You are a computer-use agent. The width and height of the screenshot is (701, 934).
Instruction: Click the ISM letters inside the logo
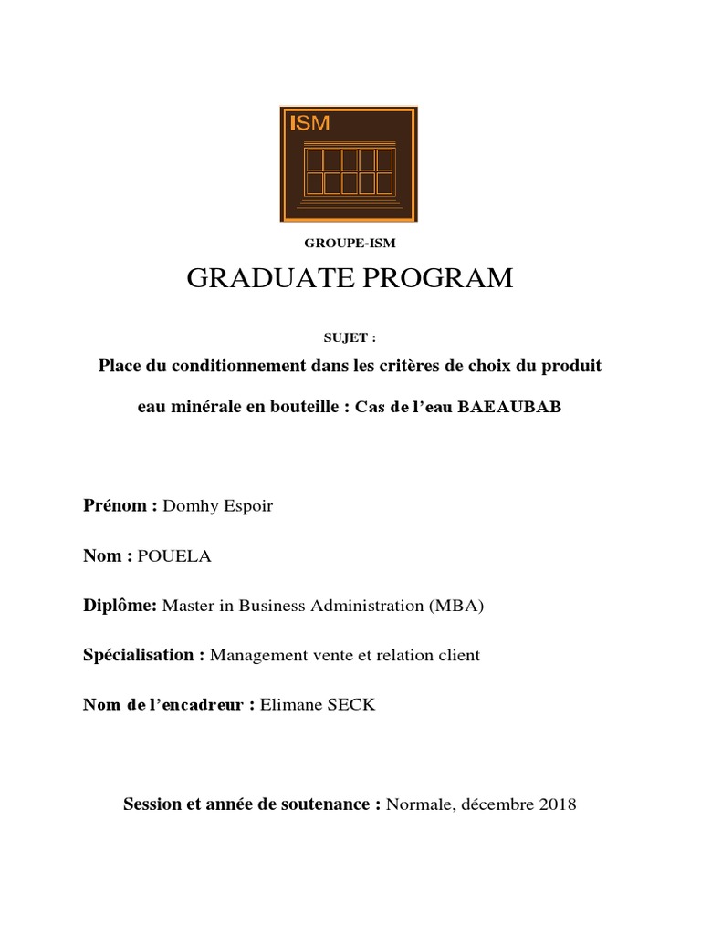pos(309,125)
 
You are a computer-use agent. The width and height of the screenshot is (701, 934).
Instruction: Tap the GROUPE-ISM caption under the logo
pos(350,244)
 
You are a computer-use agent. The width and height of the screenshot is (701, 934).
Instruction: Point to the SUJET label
pos(350,337)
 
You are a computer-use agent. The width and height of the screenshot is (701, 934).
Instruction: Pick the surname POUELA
pos(174,556)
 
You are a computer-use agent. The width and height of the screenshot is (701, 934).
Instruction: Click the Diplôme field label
pos(120,606)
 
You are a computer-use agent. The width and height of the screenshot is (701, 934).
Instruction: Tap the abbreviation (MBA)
pos(455,606)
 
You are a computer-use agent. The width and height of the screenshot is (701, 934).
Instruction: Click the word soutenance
pos(327,804)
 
